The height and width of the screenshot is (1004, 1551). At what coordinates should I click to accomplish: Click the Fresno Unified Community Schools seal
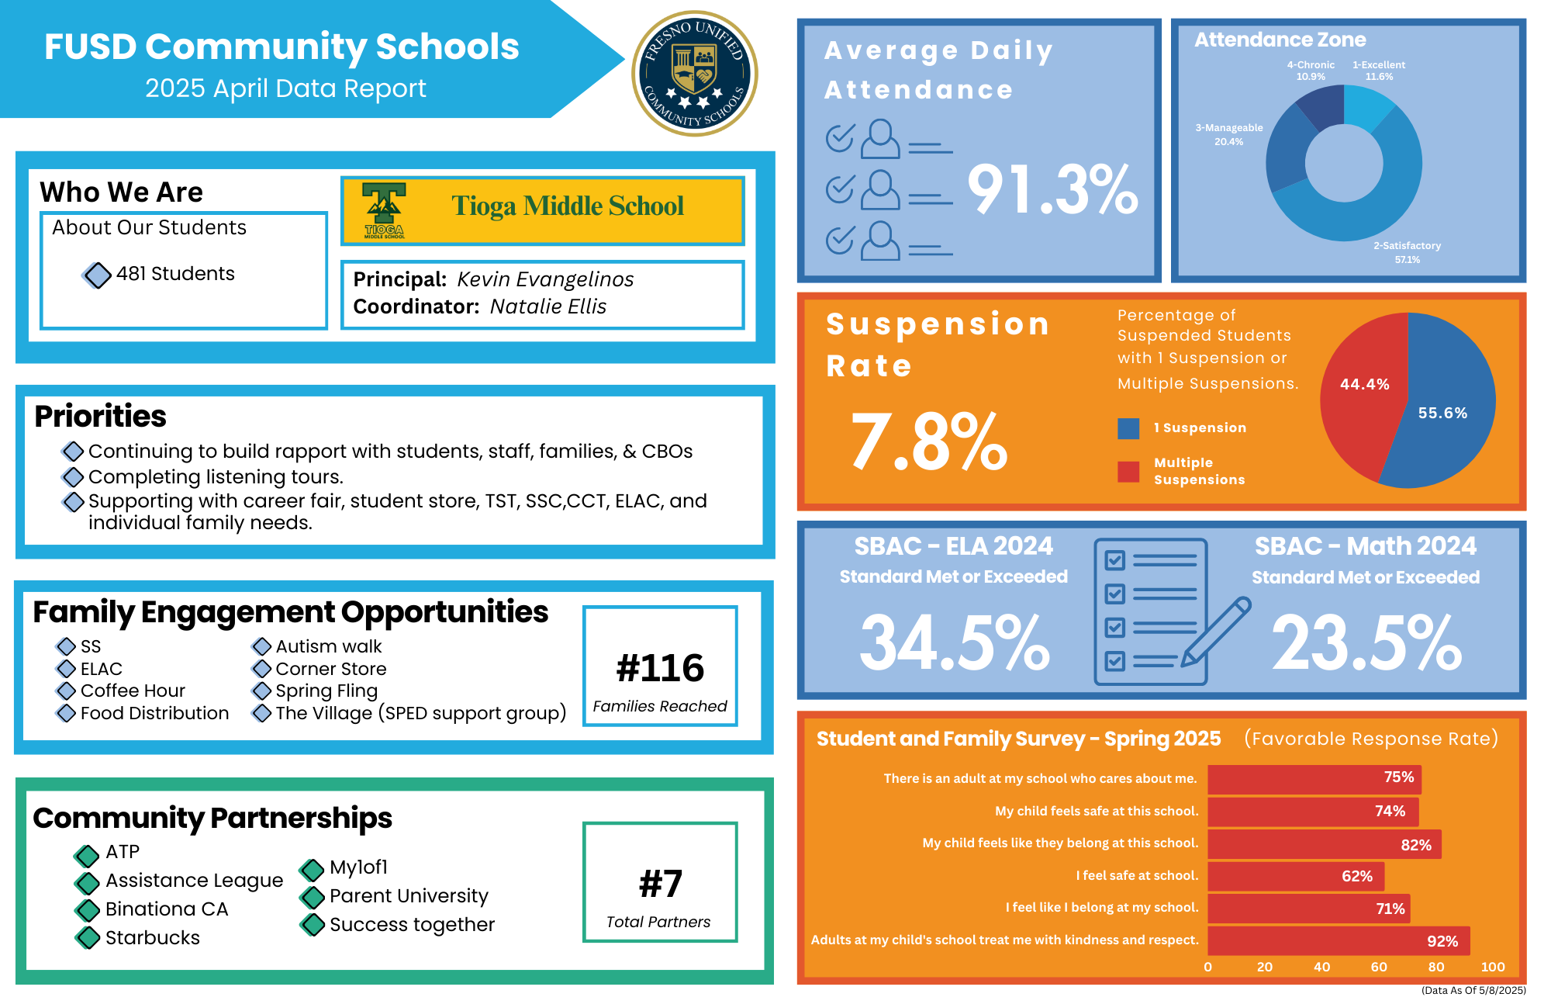pyautogui.click(x=694, y=73)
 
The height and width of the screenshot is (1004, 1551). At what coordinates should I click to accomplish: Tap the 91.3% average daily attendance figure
pyautogui.click(x=1052, y=189)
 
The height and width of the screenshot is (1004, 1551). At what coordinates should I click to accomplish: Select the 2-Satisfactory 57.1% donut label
pyautogui.click(x=1407, y=252)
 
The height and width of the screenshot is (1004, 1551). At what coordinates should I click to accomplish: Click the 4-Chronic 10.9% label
pyautogui.click(x=1311, y=71)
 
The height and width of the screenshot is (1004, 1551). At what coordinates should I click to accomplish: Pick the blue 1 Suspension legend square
pyautogui.click(x=1128, y=428)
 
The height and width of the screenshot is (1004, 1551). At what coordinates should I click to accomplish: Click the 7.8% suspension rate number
pyautogui.click(x=928, y=441)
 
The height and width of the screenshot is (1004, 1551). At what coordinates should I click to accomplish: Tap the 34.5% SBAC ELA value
pyautogui.click(x=954, y=642)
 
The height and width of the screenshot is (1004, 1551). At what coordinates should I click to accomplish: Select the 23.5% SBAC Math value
pyautogui.click(x=1366, y=642)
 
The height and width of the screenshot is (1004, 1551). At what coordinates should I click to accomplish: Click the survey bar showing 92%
pyautogui.click(x=1338, y=940)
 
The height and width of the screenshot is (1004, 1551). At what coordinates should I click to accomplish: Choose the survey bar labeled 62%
pyautogui.click(x=1295, y=876)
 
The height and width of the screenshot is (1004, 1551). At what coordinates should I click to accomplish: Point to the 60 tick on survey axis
pyautogui.click(x=1379, y=967)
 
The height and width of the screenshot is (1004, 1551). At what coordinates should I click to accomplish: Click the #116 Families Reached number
pyautogui.click(x=660, y=668)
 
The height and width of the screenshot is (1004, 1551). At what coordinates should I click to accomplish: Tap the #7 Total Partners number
pyautogui.click(x=660, y=884)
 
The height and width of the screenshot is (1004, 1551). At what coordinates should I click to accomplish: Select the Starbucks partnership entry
pyautogui.click(x=152, y=938)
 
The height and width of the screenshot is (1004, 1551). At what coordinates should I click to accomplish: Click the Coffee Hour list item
pyautogui.click(x=133, y=691)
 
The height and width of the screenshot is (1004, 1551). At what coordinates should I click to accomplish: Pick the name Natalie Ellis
pyautogui.click(x=548, y=306)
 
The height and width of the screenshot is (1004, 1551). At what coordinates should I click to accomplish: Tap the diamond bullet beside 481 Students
pyautogui.click(x=97, y=275)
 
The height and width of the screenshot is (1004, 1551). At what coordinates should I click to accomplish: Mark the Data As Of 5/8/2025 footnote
pyautogui.click(x=1473, y=990)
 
